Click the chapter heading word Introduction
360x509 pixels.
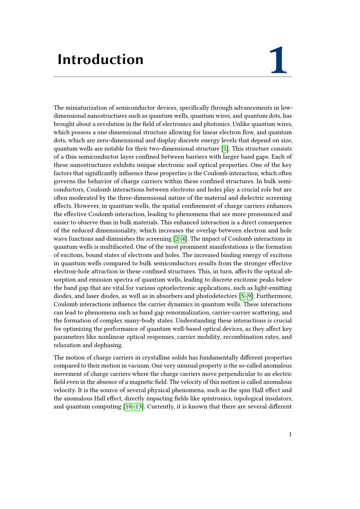click(100, 59)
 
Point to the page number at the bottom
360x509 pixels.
click(290, 434)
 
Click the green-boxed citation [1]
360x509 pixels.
click(225, 149)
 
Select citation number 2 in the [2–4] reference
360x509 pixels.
click(177, 239)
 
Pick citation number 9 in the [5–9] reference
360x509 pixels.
click(249, 296)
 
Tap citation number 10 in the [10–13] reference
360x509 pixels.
click(129, 407)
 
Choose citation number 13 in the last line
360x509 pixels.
click(139, 407)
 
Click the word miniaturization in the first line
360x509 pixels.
click(85, 108)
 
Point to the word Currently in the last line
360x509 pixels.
click(160, 407)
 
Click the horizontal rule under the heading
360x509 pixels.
click(173, 77)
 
